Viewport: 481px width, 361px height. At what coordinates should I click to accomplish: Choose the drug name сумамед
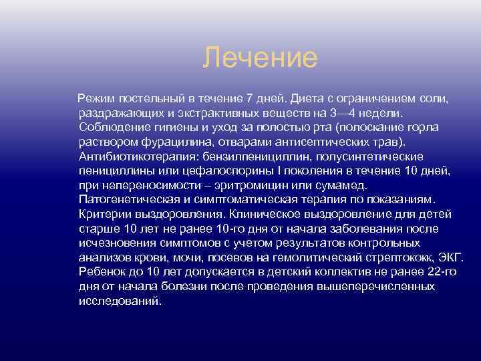(x=339, y=185)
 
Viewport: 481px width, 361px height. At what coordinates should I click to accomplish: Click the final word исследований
(x=120, y=300)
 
